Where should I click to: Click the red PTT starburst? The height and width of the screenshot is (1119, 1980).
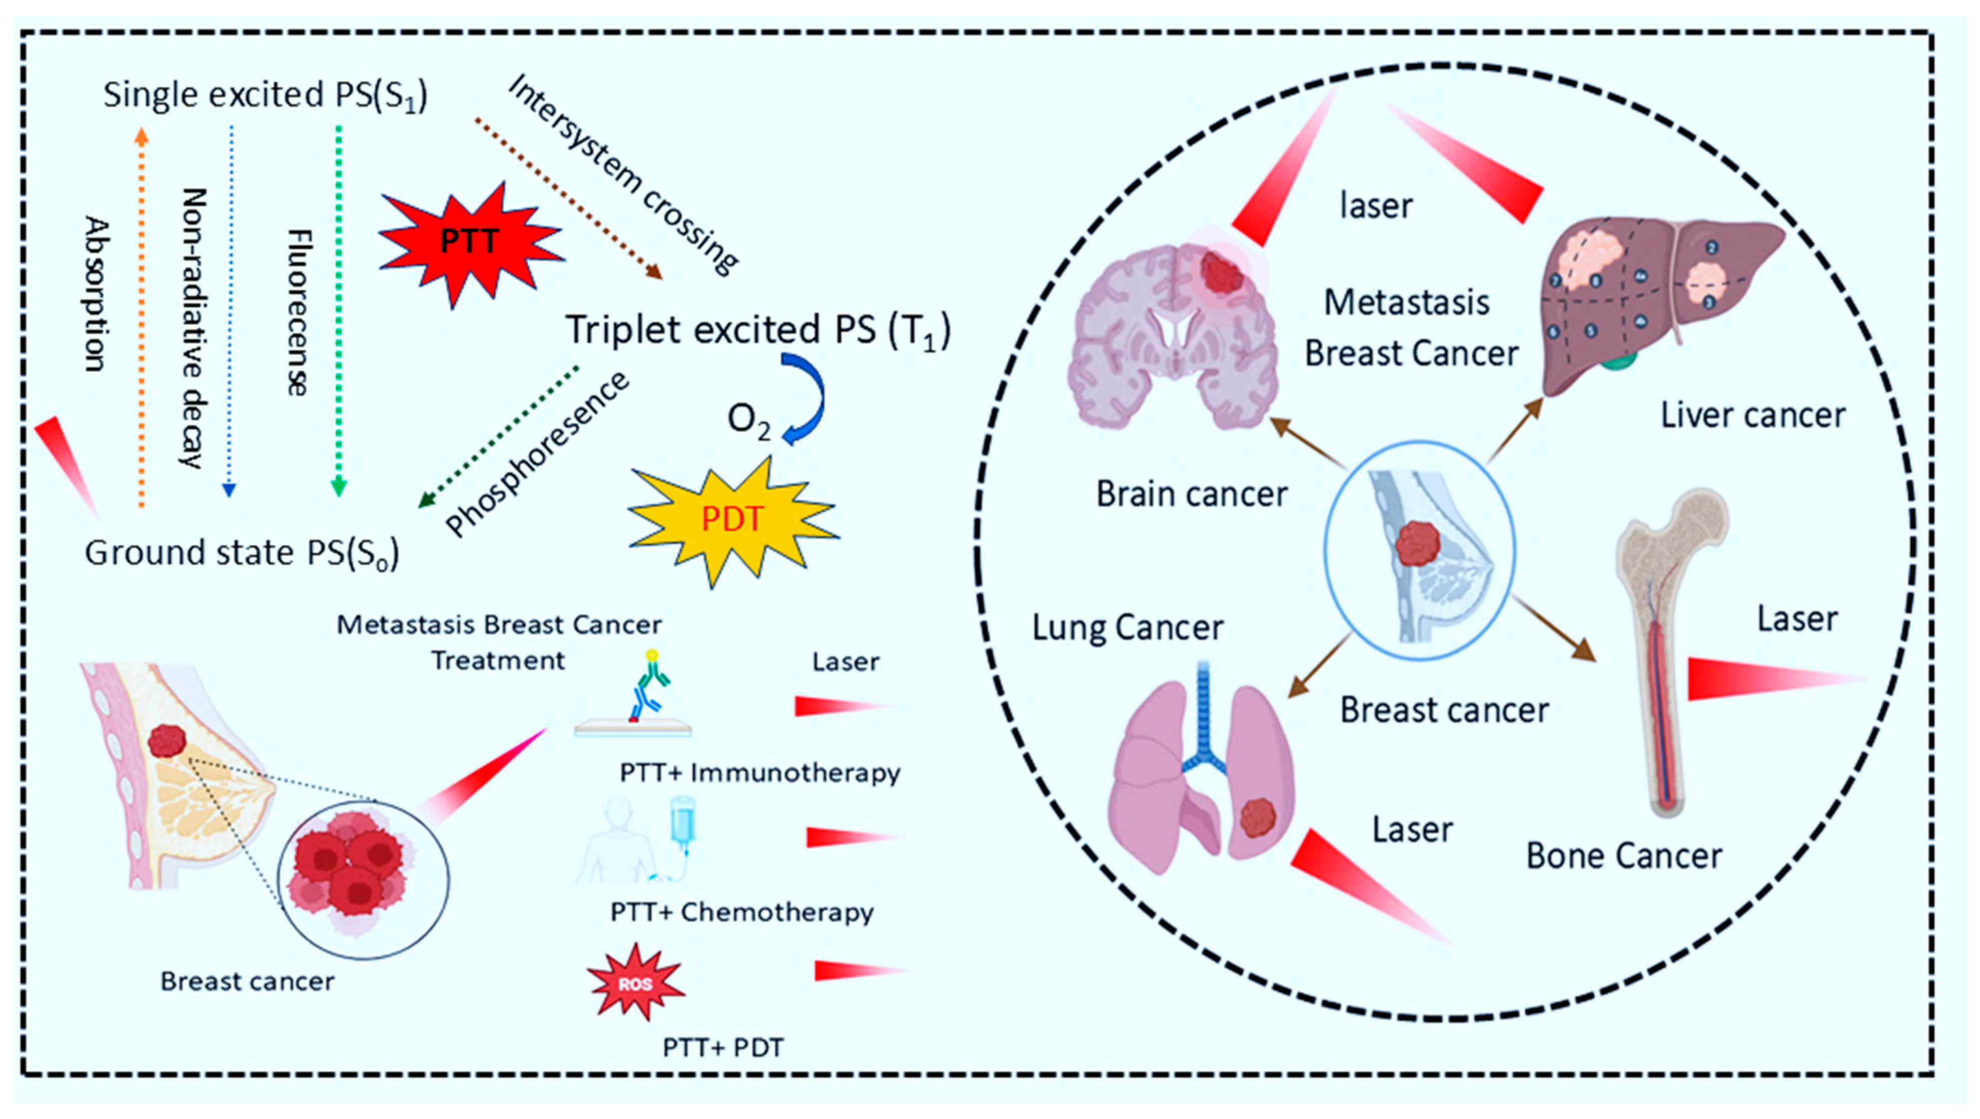(x=469, y=242)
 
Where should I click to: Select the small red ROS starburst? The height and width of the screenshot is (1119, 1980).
(x=635, y=983)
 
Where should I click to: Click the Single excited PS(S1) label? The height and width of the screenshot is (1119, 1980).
(x=265, y=95)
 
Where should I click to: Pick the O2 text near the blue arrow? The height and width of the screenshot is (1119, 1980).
(x=748, y=421)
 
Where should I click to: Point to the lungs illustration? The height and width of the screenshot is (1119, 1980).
(x=1199, y=776)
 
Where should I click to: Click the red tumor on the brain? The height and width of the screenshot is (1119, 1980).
(x=1221, y=273)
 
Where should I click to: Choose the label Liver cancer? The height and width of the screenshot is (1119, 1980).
(x=1753, y=416)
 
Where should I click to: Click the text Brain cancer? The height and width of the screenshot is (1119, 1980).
(x=1192, y=494)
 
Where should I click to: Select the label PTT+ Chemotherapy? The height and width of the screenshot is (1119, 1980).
(x=742, y=912)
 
